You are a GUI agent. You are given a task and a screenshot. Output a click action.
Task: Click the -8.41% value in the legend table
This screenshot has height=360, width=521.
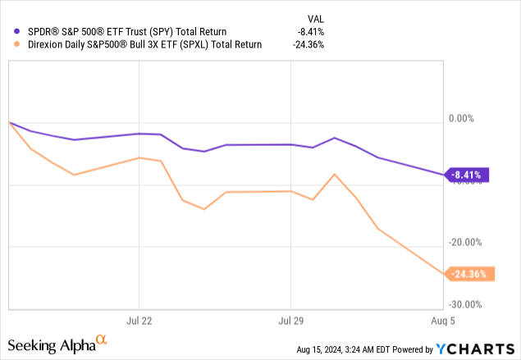[x=308, y=31]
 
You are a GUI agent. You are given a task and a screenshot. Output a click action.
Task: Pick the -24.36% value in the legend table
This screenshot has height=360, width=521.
[x=306, y=45]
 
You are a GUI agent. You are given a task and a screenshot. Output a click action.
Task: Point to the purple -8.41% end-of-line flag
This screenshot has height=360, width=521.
[x=469, y=174]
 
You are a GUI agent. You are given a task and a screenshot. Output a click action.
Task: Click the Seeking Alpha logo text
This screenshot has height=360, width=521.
[x=51, y=345]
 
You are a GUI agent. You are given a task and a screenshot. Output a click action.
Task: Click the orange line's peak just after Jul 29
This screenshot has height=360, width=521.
[x=335, y=174]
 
